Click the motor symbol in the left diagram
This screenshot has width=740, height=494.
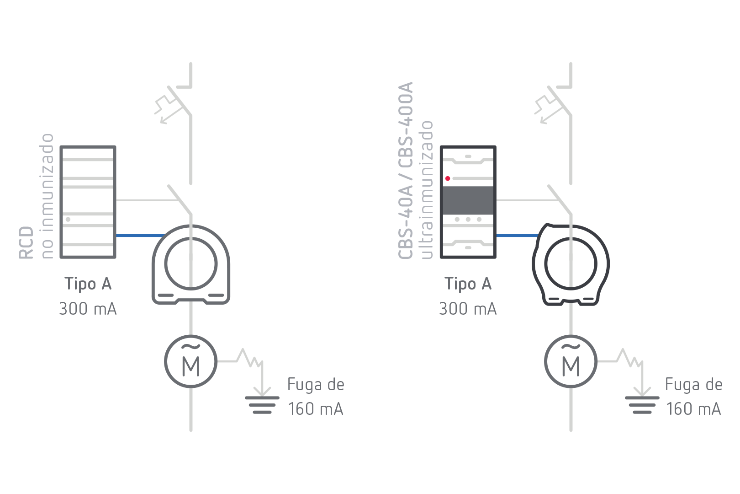pos(191,361)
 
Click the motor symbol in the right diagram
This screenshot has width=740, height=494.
pos(571,361)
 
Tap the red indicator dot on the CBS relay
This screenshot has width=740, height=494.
pos(448,178)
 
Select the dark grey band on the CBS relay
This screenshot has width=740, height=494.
pos(468,200)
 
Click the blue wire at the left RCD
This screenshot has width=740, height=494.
pos(139,236)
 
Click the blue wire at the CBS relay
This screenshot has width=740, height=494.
pos(518,236)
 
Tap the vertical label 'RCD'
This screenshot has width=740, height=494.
pos(26,242)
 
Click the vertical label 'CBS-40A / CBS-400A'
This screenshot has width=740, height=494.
pos(406,170)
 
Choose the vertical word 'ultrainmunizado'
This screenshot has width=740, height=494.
pos(427,189)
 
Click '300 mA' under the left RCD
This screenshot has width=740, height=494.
pos(88,309)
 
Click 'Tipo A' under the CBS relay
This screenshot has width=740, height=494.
pos(468,284)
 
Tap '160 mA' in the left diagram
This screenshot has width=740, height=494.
pos(315,409)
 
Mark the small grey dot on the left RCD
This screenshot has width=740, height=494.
pos(68,219)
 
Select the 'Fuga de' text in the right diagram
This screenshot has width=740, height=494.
pos(693,385)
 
